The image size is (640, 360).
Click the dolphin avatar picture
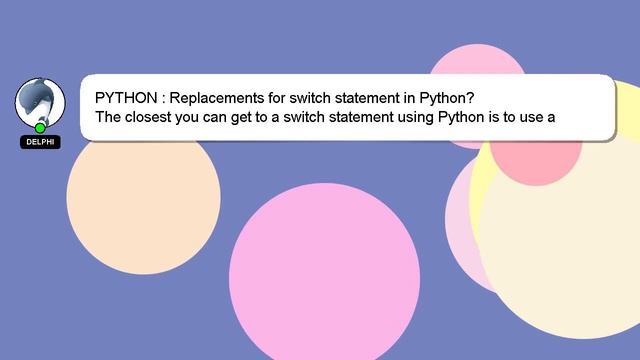click(x=40, y=101)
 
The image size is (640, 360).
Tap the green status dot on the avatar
click(x=40, y=128)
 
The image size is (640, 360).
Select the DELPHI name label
click(x=40, y=142)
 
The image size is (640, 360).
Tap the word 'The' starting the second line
click(x=109, y=117)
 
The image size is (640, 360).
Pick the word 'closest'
click(x=155, y=117)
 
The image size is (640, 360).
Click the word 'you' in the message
click(x=202, y=117)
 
